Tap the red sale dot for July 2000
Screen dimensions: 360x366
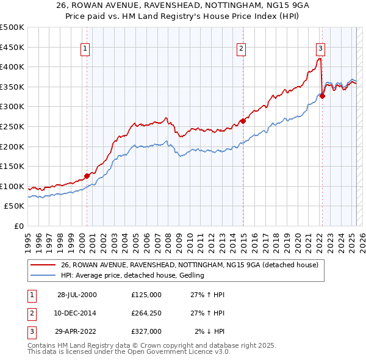point(87,176)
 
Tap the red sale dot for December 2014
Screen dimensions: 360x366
point(243,121)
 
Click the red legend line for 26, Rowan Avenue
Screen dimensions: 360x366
point(42,265)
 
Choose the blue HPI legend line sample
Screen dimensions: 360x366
point(42,275)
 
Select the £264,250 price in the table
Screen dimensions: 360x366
point(146,313)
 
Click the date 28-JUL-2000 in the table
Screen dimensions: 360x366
point(77,294)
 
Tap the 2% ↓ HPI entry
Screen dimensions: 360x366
point(209,331)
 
